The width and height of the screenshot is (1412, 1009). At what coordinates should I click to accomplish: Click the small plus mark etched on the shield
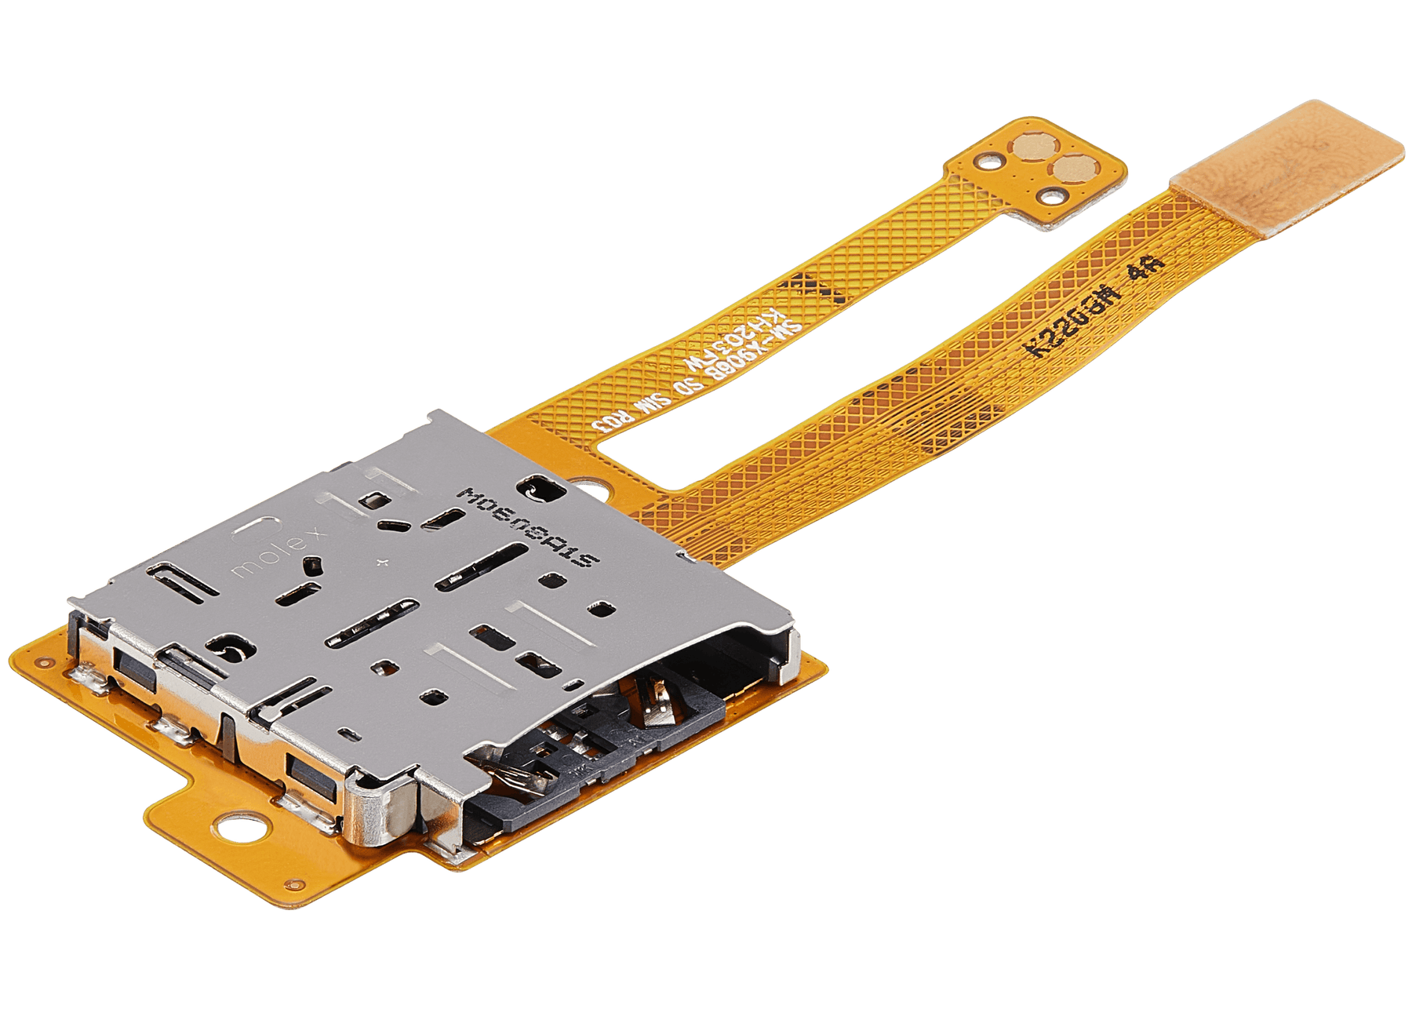point(382,562)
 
